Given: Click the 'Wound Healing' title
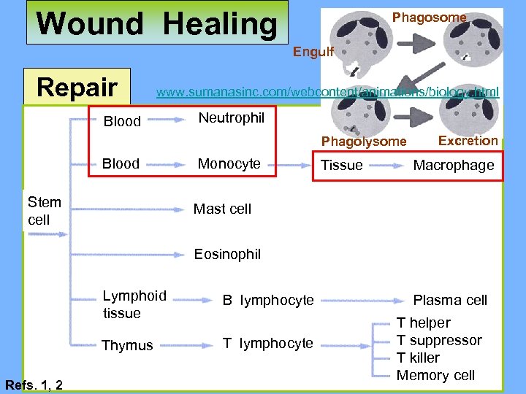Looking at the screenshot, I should tap(156, 24).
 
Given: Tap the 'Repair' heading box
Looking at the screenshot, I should tap(77, 88).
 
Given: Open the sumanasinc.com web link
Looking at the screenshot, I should tap(327, 92).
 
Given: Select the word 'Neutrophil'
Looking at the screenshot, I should tap(232, 117).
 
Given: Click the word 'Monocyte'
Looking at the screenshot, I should tap(229, 163).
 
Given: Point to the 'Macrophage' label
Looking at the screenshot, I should tap(454, 166).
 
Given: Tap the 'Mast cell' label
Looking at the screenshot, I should tap(222, 209).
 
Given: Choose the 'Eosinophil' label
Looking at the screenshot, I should tap(227, 254).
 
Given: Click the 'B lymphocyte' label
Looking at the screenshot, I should tap(268, 300).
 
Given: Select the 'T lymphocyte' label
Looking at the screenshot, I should tap(268, 343).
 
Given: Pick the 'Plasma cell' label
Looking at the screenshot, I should tap(450, 300).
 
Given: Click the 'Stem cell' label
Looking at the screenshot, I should tap(44, 211).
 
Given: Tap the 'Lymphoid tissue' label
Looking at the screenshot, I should tap(134, 304).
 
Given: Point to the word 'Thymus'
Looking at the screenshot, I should tap(127, 345).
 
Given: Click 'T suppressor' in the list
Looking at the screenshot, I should tap(439, 341).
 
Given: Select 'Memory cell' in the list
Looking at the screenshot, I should tap(435, 376).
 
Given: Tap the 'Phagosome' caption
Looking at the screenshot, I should tap(430, 17).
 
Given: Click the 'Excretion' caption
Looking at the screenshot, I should tap(468, 140).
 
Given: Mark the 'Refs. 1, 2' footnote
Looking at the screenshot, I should tap(34, 385).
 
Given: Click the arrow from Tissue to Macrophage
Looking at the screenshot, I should tap(386, 166).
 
